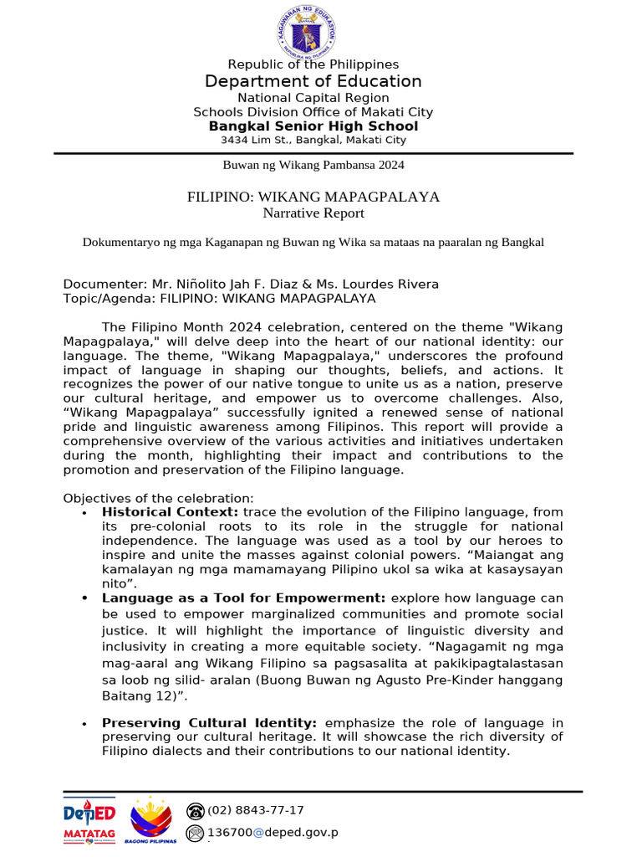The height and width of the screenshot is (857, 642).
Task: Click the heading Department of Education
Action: [313, 81]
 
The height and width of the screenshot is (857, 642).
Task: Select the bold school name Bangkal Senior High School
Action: [313, 126]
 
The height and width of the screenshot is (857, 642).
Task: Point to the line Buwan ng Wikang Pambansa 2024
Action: [313, 165]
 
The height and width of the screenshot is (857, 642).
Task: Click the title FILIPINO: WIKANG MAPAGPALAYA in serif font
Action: [313, 197]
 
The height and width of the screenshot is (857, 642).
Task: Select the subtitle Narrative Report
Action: [313, 213]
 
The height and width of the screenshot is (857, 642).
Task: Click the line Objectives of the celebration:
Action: [159, 498]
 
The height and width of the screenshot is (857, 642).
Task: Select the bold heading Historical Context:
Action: [170, 511]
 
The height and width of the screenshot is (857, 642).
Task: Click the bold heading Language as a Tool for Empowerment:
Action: [243, 598]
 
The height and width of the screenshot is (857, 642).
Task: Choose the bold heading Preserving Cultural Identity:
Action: [209, 722]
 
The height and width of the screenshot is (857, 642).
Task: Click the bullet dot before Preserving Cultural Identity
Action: [85, 724]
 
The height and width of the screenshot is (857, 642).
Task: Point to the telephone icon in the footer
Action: [196, 810]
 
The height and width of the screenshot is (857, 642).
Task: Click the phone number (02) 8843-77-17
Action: [256, 810]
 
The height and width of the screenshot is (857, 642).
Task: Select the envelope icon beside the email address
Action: [196, 833]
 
